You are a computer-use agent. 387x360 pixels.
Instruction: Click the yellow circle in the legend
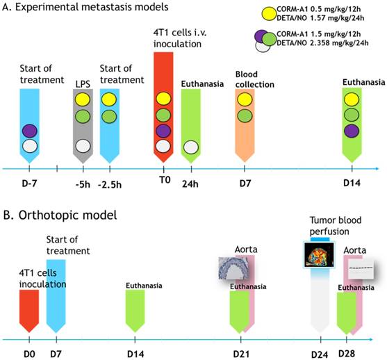point(269,14)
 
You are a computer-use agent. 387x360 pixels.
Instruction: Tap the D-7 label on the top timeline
point(29,183)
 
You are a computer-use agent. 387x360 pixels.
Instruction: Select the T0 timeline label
point(165,180)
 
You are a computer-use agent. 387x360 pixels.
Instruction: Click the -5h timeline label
point(83,184)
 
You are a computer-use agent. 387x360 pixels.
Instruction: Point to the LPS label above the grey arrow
point(83,84)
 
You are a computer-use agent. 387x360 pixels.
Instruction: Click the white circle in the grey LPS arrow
point(83,146)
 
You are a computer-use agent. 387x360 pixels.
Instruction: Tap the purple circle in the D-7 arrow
point(30,131)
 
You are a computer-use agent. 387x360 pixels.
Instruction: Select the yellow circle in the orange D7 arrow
point(245,99)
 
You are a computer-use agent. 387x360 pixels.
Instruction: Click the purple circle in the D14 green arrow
point(352,131)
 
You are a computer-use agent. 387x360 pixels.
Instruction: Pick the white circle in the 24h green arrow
point(191,147)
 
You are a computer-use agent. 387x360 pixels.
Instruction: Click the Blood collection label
point(255,79)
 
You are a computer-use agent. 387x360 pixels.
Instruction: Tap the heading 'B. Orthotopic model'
point(60,215)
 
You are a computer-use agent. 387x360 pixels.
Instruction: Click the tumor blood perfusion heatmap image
point(319,255)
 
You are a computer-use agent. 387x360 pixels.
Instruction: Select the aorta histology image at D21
point(233,268)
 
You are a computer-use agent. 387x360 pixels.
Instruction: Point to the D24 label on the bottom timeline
point(320,355)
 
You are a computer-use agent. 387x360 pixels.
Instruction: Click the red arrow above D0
point(29,311)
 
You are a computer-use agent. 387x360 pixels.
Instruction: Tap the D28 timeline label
point(347,354)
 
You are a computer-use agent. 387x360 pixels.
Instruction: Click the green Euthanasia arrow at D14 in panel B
point(135,311)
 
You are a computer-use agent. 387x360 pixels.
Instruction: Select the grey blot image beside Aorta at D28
point(361,269)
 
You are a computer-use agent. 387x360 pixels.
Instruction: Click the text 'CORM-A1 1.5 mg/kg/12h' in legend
point(319,34)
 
